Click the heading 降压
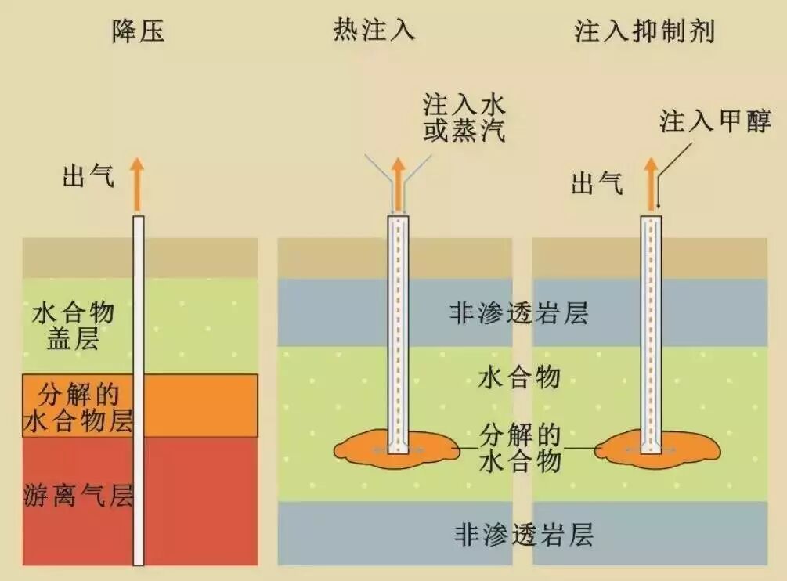click(139, 31)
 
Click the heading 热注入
click(374, 31)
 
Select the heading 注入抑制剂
click(644, 31)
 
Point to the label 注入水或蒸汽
click(464, 117)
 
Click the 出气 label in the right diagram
click(597, 185)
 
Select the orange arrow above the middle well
click(399, 183)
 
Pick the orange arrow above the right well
click(651, 183)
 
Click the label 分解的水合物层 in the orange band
click(76, 406)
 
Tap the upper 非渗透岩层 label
click(518, 314)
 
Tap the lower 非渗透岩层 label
click(523, 535)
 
